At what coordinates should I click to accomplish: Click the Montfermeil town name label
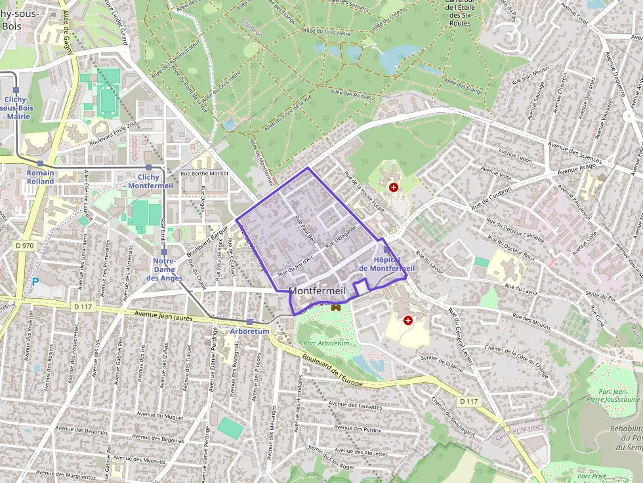point(316,291)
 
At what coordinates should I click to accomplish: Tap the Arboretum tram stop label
point(249,331)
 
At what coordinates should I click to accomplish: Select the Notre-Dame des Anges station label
point(163,269)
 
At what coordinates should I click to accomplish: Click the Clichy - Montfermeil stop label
point(149,181)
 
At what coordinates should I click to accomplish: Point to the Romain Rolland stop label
point(41,177)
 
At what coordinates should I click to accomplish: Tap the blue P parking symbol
point(35,282)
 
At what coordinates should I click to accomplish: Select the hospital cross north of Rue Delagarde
point(394,187)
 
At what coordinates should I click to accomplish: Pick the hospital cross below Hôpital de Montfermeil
point(408,320)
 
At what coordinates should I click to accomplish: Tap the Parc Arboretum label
point(326,343)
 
